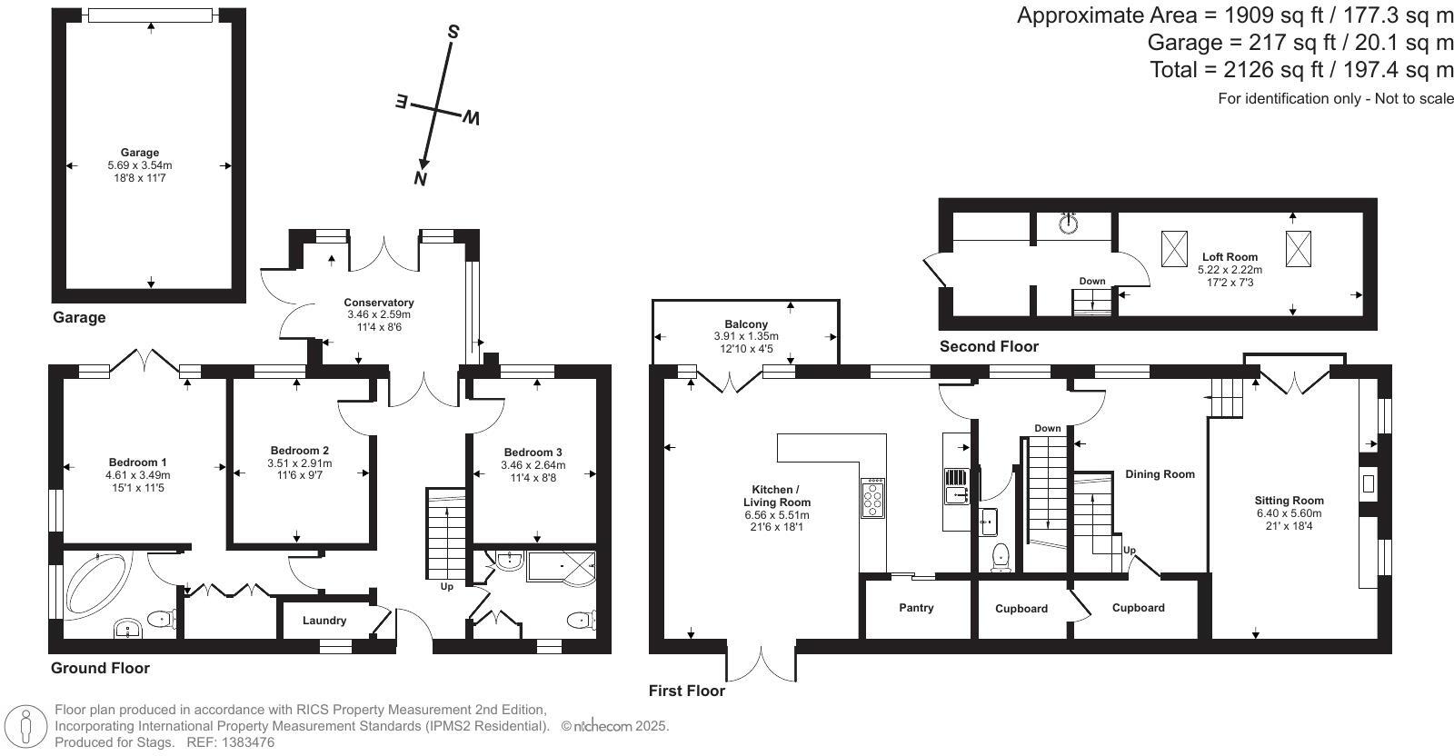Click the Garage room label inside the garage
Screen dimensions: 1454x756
coord(140,153)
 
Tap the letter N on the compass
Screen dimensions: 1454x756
coord(420,178)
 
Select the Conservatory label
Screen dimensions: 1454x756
coord(379,303)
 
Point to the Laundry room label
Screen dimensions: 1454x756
coord(324,621)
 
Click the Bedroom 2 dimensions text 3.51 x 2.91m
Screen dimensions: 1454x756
coord(300,463)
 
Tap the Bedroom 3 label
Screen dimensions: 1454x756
coord(533,453)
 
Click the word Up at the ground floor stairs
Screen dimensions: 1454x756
coord(446,587)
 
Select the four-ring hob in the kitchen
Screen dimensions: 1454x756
coord(873,498)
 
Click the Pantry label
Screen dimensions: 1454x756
coord(916,608)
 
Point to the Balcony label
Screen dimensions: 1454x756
coord(746,324)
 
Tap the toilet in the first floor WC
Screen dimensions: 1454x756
coord(1001,556)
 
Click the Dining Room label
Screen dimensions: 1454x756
coord(1160,474)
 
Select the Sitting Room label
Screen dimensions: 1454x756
coord(1290,501)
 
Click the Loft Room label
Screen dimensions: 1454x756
coord(1230,257)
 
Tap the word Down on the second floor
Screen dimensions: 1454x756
coord(1092,282)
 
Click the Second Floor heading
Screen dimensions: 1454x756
coord(989,346)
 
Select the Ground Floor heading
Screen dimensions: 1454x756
coord(100,669)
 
